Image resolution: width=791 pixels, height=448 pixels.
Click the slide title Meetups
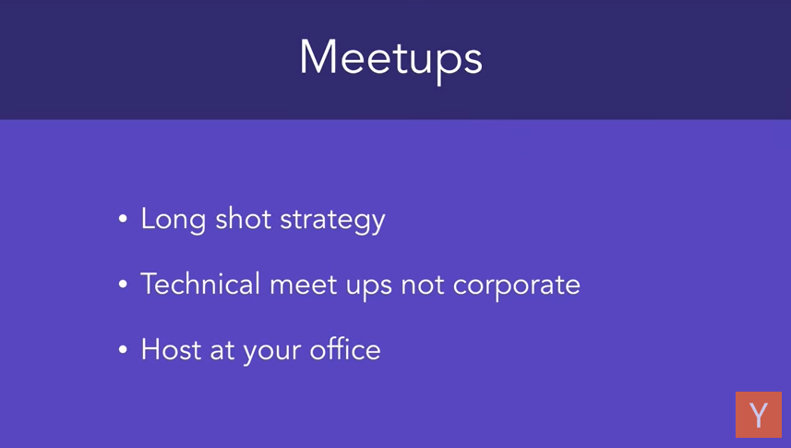click(x=391, y=60)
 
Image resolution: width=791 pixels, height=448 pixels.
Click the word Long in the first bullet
click(x=173, y=220)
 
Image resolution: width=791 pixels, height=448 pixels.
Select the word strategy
click(x=332, y=221)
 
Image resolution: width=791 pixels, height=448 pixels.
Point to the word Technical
click(x=200, y=284)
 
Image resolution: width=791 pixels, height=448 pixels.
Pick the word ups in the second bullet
click(x=369, y=287)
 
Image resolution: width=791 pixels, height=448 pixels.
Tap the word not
click(x=422, y=285)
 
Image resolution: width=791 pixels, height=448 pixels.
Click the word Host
click(x=171, y=349)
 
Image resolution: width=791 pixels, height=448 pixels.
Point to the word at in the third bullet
click(x=222, y=350)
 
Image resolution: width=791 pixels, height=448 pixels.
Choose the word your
click(x=272, y=352)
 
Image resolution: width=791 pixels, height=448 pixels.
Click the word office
click(x=345, y=348)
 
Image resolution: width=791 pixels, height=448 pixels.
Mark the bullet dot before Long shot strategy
click(x=123, y=219)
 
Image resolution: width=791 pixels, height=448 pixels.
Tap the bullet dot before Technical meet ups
click(x=123, y=284)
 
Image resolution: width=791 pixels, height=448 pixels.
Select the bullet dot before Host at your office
click(x=123, y=349)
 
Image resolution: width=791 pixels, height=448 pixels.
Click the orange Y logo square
click(x=758, y=415)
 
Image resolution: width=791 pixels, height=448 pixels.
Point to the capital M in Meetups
click(x=318, y=56)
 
